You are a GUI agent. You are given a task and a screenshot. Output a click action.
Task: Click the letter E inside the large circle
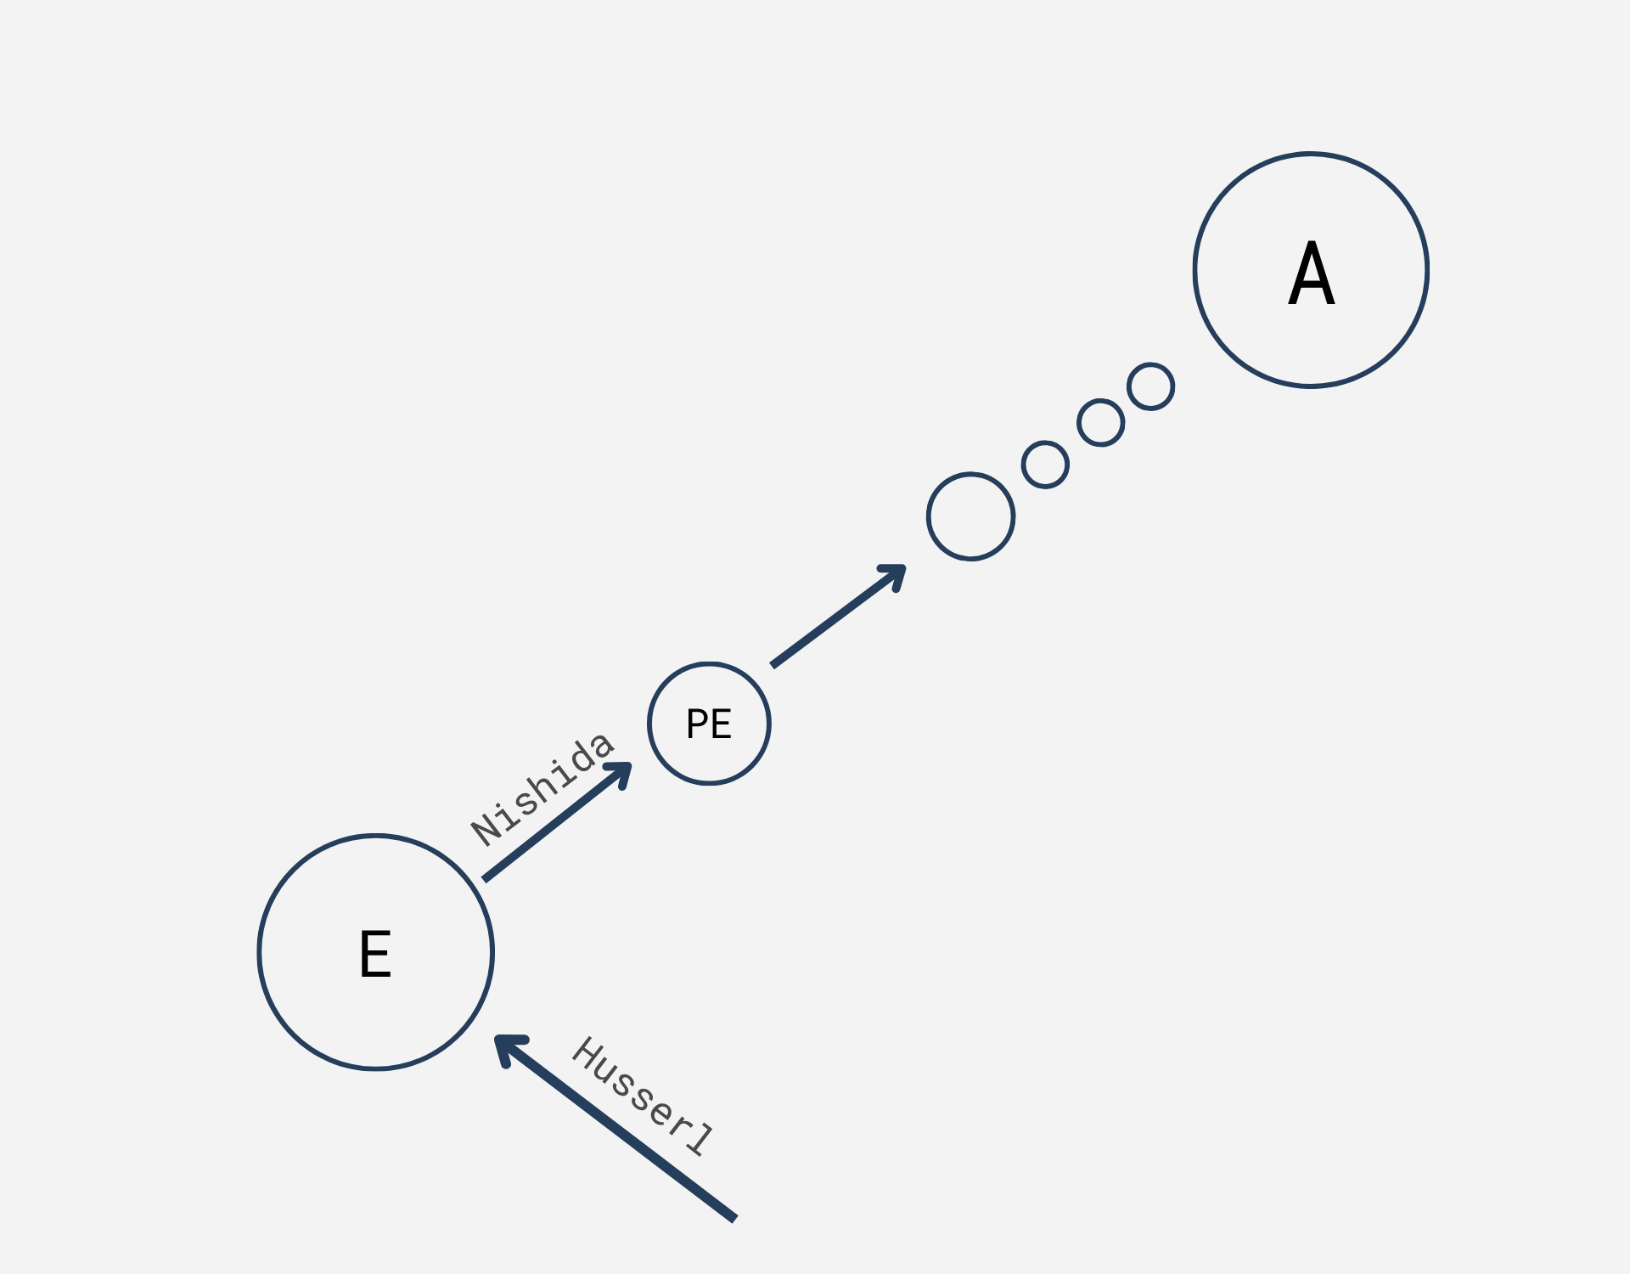coord(375,954)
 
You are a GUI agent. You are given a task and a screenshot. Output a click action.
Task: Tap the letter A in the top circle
coord(1312,273)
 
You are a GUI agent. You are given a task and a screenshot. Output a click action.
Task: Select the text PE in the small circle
coord(709,724)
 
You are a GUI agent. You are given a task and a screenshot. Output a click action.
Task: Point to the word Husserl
coord(643,1096)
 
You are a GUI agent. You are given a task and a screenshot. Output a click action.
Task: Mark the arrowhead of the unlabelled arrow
coord(897,572)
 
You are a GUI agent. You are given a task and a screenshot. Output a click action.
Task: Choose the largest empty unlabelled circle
coord(970,516)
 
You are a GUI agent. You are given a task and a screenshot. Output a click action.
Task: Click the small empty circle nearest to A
coord(1150,386)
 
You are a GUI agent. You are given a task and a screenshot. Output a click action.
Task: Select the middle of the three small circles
coord(1100,422)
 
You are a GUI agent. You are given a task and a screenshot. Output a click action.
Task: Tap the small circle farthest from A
coord(1045,465)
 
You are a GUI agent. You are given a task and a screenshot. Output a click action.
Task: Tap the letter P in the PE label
coord(696,724)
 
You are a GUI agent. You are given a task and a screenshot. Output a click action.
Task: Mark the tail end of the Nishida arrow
coord(485,878)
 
